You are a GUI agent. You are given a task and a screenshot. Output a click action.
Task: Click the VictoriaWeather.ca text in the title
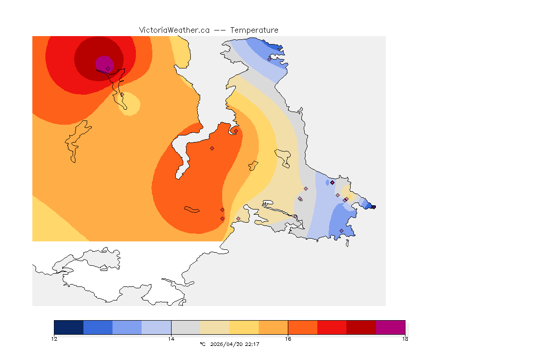click(174, 30)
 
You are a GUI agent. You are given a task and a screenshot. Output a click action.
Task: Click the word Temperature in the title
click(254, 30)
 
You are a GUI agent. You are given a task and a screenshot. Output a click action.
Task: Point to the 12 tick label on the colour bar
click(54, 339)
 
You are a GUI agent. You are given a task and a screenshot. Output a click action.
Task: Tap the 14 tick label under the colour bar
click(171, 339)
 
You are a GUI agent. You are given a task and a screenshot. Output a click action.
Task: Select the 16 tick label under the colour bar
click(288, 339)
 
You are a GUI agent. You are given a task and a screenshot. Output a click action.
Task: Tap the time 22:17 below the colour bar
click(251, 345)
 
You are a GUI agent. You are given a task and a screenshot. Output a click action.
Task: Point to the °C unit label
click(202, 345)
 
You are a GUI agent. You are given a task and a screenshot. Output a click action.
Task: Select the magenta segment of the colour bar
click(390, 327)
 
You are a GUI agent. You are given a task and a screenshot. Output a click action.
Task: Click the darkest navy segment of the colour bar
click(69, 327)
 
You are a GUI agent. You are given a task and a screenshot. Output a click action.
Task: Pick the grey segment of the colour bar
click(186, 327)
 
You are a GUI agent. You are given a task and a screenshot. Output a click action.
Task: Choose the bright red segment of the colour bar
click(332, 327)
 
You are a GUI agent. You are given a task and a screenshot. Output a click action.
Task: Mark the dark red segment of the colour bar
click(361, 327)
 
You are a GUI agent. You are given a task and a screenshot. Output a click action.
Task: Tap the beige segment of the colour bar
click(215, 327)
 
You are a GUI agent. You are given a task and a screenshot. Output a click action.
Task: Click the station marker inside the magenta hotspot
click(108, 68)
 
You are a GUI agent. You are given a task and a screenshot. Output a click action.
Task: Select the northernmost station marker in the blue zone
click(269, 59)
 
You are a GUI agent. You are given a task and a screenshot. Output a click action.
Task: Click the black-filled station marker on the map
click(332, 182)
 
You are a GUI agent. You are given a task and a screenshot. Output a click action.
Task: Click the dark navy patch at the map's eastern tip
click(373, 207)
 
